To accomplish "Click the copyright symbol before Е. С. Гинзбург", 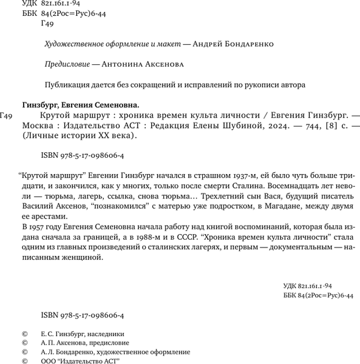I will point(24,334).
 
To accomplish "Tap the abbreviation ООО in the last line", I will point(49,360).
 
